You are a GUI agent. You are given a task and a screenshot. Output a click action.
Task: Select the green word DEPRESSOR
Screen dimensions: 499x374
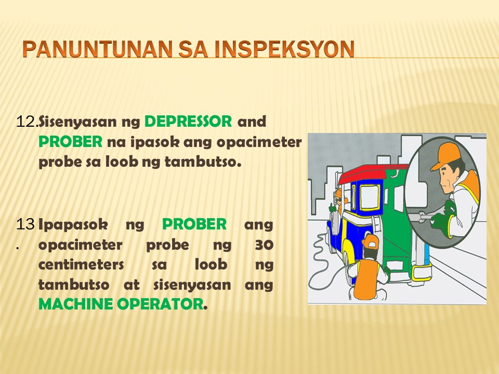(x=188, y=122)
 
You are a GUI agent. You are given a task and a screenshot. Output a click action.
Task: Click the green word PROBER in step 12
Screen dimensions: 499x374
(x=70, y=142)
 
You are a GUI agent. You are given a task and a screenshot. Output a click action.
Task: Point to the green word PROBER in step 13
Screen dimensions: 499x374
(x=194, y=224)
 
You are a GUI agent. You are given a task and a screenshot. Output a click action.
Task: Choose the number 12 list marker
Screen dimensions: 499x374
(x=27, y=122)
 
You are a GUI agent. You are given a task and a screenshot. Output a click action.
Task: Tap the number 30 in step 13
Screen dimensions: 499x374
(x=264, y=245)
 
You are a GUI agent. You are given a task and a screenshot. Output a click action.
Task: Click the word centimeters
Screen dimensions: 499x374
(x=81, y=264)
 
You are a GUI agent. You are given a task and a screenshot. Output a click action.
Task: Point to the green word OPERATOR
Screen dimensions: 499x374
(x=160, y=304)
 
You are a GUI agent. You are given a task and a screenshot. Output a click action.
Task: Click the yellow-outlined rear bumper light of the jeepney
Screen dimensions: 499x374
(x=422, y=272)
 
